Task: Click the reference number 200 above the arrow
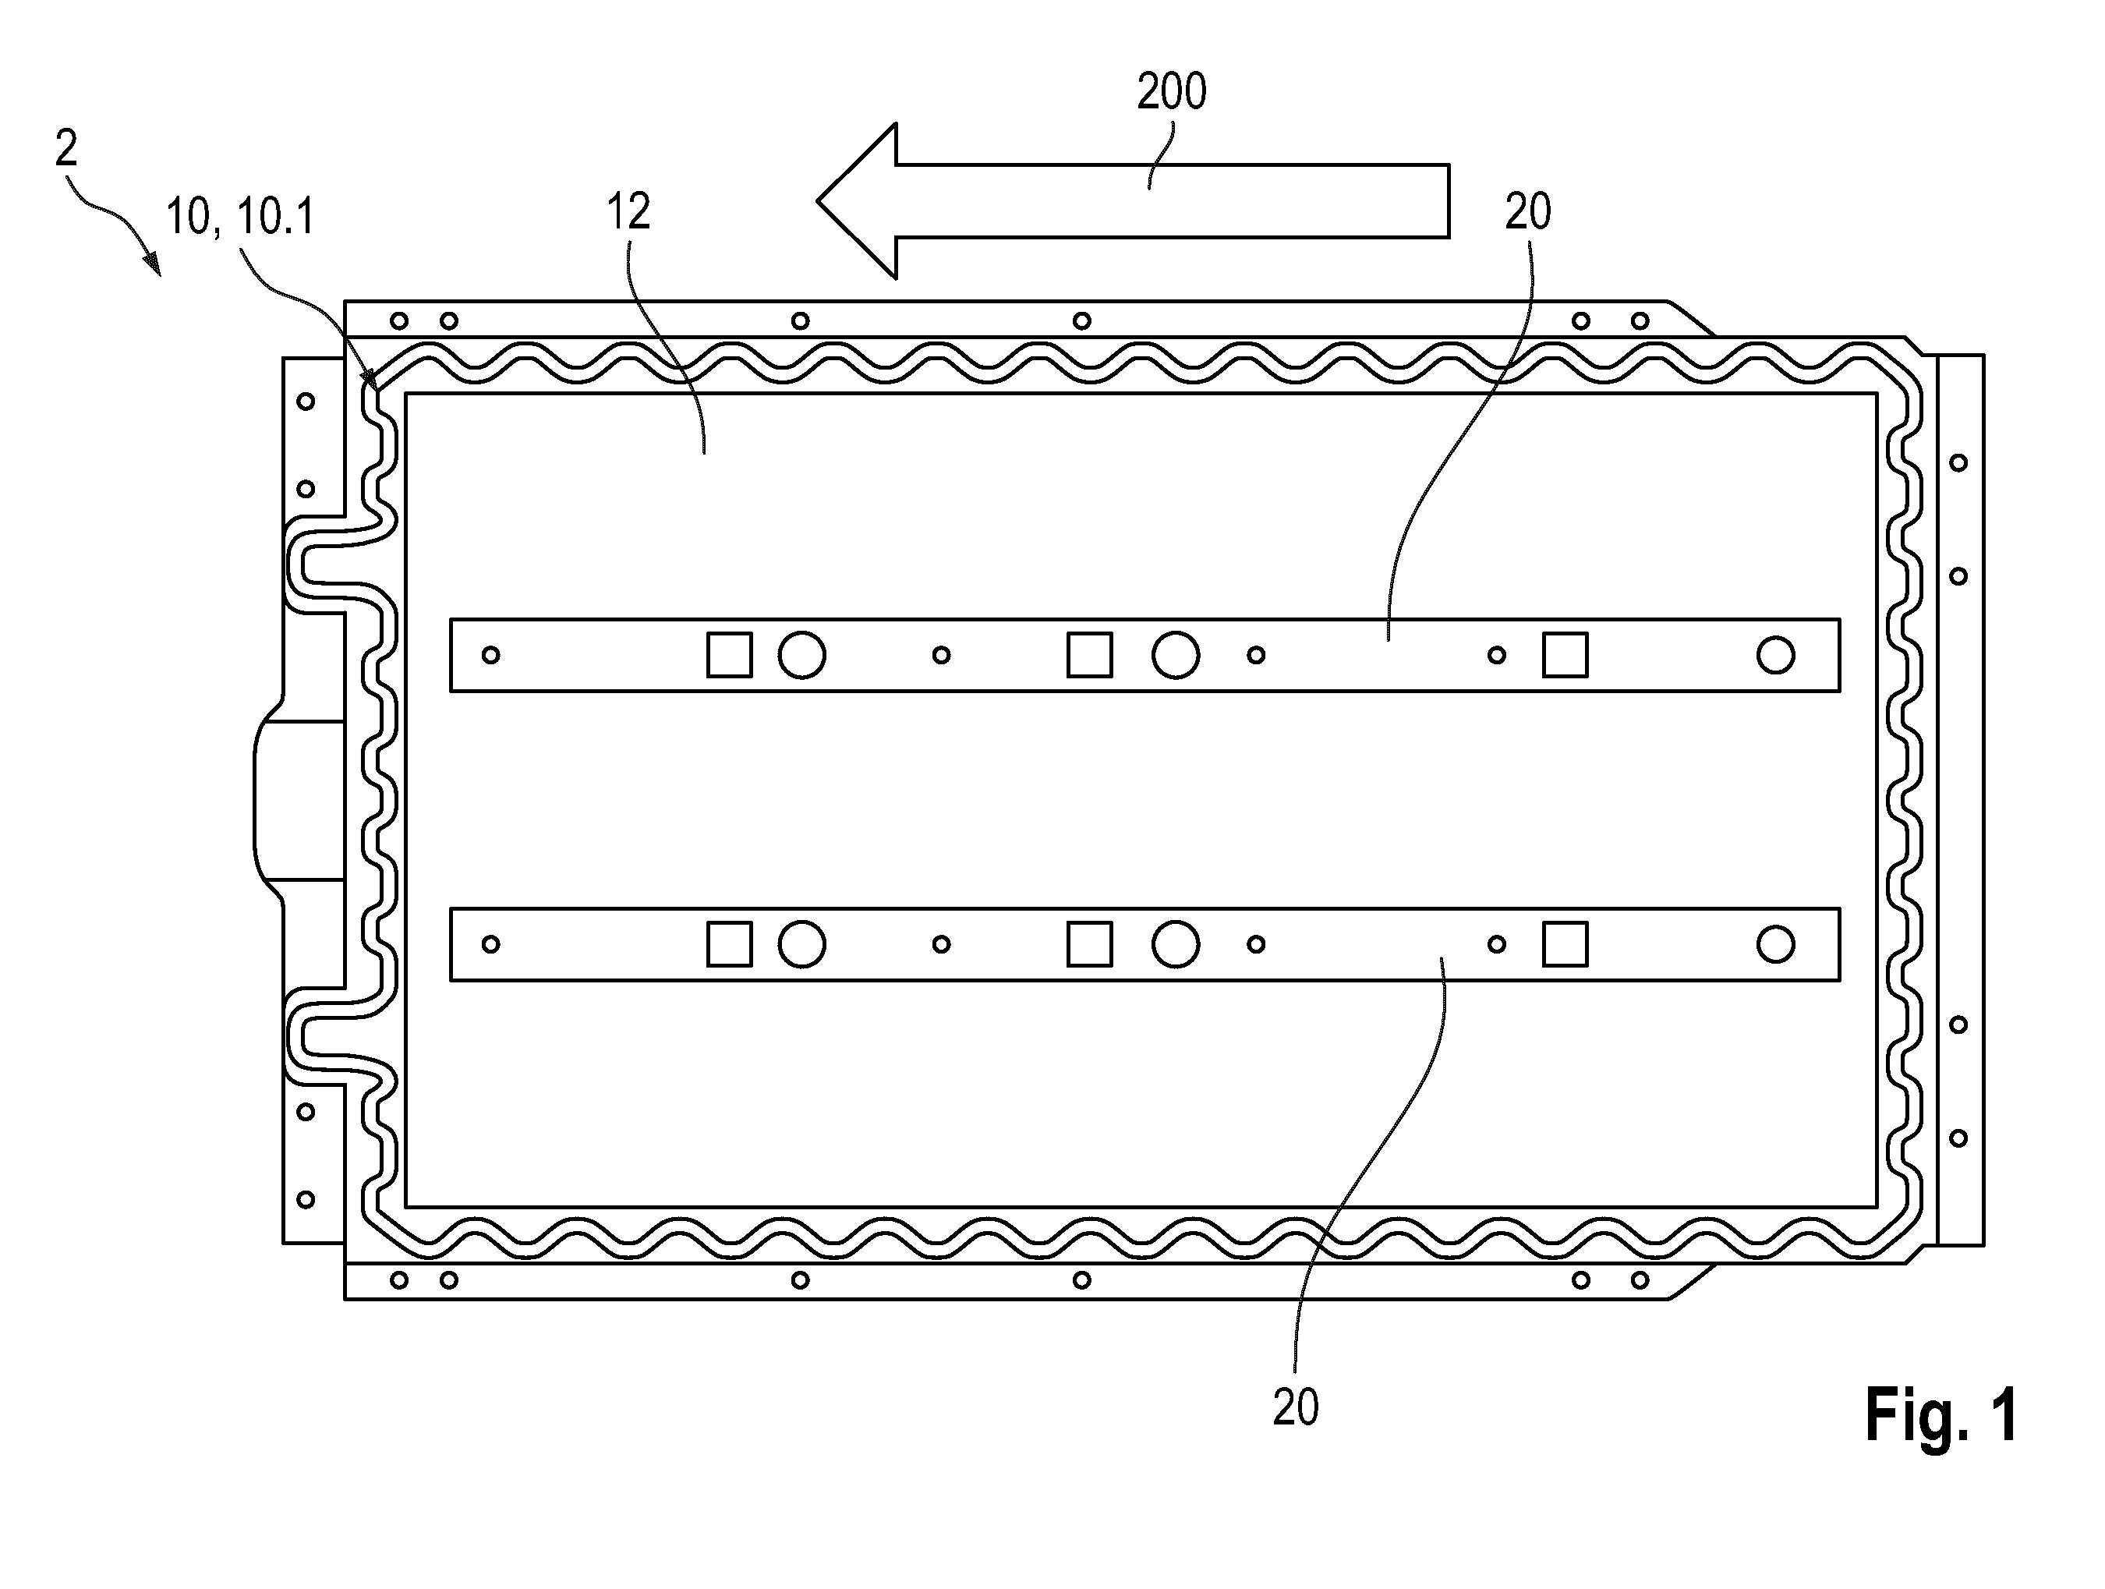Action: [1172, 92]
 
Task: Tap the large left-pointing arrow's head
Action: [857, 200]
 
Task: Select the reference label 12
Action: [629, 211]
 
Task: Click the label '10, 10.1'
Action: [240, 217]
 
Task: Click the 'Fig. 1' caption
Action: [1941, 1416]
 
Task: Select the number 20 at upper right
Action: [1527, 211]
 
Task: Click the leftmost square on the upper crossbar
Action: [729, 655]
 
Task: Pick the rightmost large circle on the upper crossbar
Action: [1776, 655]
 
